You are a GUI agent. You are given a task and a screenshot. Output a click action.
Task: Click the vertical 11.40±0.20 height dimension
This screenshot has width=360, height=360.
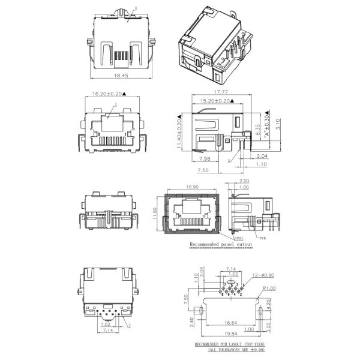179,130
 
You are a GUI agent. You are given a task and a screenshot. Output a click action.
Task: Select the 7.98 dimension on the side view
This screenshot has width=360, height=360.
203,160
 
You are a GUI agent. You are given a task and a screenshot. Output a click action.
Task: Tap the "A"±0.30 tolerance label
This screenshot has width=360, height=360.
266,128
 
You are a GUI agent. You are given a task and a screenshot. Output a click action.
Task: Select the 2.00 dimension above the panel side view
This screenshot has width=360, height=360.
244,181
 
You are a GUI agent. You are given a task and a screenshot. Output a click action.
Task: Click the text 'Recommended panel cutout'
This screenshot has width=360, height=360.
221,245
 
